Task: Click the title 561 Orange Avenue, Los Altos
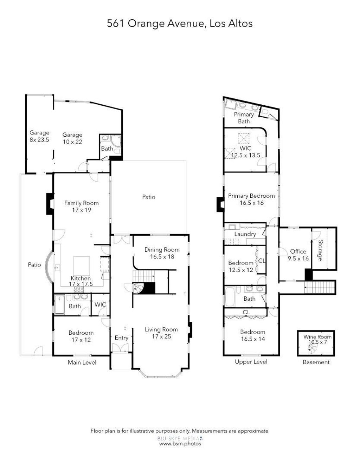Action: (x=179, y=23)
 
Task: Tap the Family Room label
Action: (x=81, y=203)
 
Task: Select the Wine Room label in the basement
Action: (x=317, y=336)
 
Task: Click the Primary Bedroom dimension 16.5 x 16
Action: (x=251, y=203)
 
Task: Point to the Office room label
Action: (x=298, y=251)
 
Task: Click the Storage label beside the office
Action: (x=320, y=250)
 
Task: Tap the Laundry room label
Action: (x=245, y=234)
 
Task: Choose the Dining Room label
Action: (x=162, y=249)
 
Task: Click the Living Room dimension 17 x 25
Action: (x=161, y=336)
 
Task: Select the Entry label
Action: (x=121, y=338)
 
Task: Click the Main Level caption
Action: (x=82, y=362)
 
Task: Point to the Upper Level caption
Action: (x=251, y=362)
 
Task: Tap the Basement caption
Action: (x=316, y=362)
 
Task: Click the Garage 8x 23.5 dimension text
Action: (x=39, y=140)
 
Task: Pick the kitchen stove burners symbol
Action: (x=79, y=289)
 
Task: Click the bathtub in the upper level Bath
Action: (x=230, y=297)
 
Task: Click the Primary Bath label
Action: (x=244, y=118)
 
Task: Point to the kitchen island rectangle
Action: (x=82, y=266)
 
